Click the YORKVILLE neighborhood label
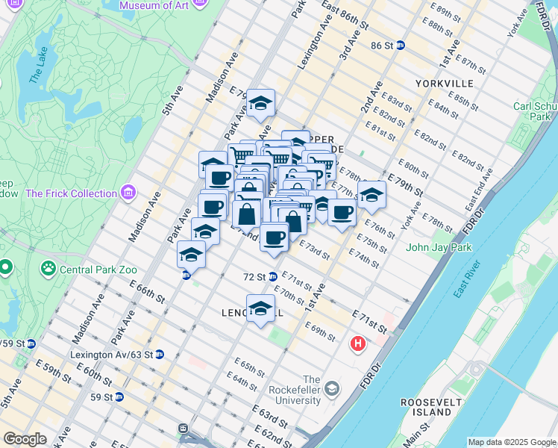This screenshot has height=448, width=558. click(445, 83)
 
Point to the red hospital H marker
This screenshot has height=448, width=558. click(358, 344)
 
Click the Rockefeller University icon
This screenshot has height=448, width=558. click(332, 389)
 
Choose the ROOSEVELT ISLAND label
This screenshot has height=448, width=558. click(437, 407)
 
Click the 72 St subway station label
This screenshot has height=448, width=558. click(254, 276)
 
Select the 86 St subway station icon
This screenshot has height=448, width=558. click(400, 45)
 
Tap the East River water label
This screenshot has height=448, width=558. click(472, 281)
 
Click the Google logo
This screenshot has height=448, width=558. click(25, 439)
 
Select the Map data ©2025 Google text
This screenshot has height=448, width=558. click(511, 442)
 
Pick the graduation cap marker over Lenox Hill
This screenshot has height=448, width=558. click(260, 308)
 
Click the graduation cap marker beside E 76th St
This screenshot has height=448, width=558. click(372, 195)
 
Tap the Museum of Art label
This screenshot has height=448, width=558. click(155, 5)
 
